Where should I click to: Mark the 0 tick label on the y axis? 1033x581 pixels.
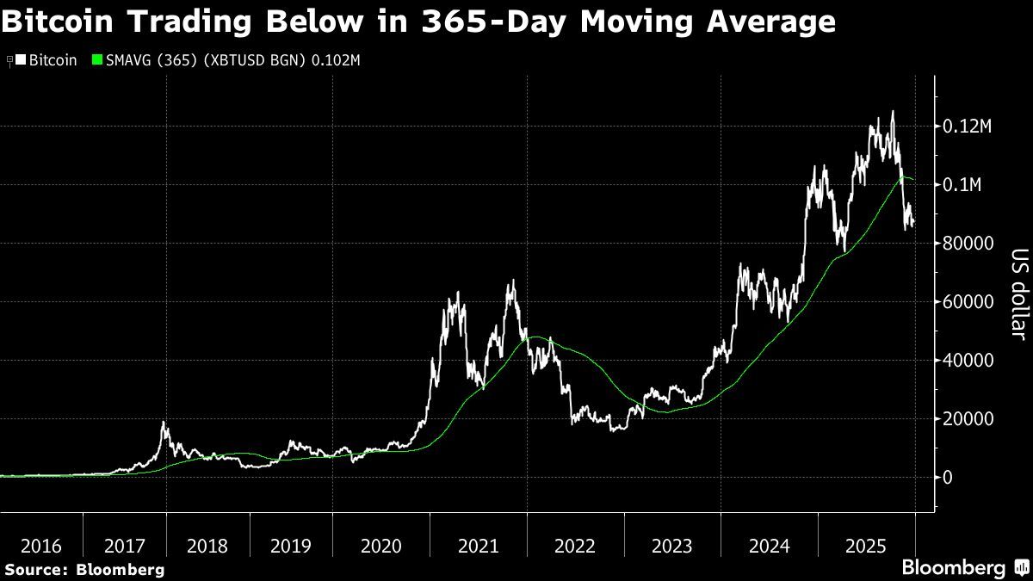[x=949, y=478]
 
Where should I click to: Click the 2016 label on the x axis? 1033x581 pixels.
[x=41, y=546]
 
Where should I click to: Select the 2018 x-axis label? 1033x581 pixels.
[x=207, y=546]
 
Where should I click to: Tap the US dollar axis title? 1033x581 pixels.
[x=1019, y=294]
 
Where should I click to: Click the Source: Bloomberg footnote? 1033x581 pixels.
[x=84, y=569]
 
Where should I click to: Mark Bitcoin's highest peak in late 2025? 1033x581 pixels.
[x=892, y=111]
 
